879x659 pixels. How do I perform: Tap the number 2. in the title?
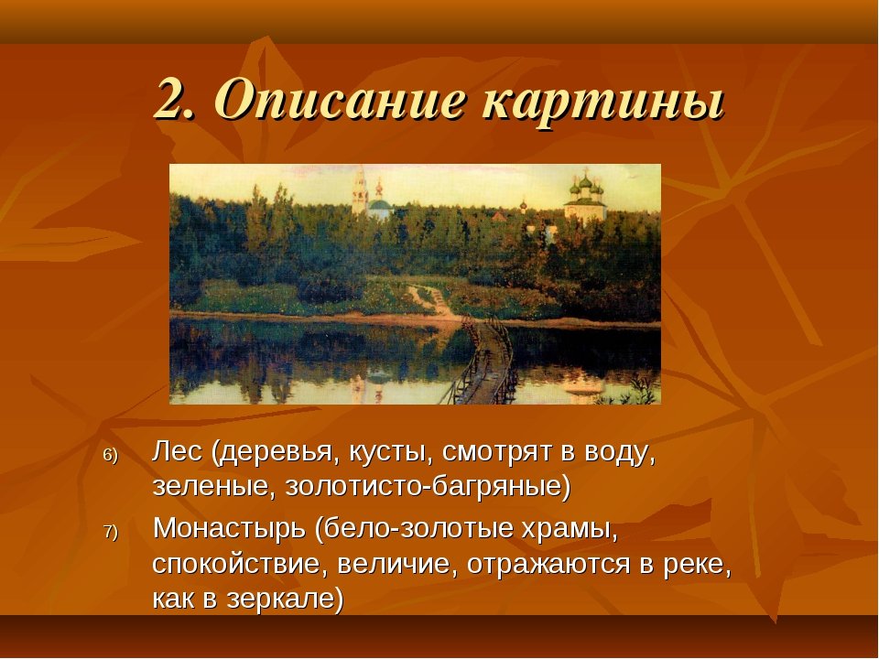(176, 99)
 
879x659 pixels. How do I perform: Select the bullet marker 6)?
(111, 456)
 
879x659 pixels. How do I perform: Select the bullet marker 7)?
(111, 532)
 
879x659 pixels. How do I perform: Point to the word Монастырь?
(229, 530)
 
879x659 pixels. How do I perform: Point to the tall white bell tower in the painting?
(359, 190)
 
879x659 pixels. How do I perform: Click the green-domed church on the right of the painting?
(585, 200)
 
